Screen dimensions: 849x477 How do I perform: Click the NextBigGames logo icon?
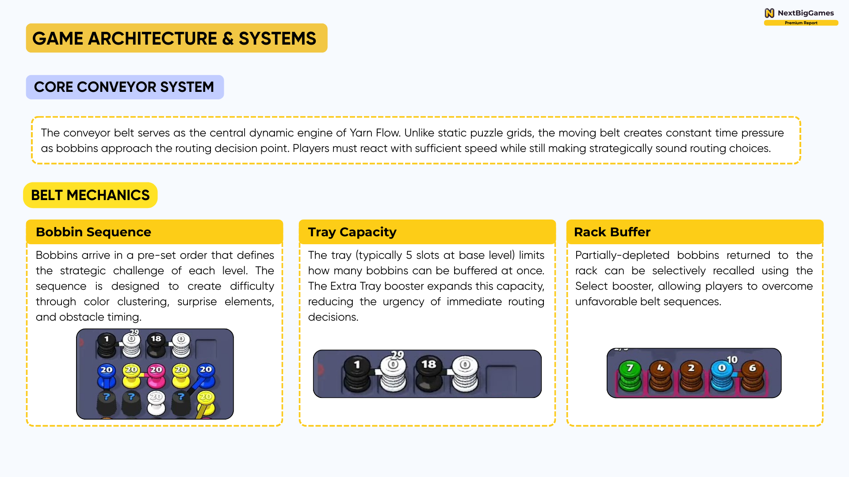click(x=769, y=13)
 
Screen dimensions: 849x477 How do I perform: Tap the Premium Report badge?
click(x=801, y=23)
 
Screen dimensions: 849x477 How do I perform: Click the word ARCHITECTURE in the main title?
click(x=153, y=38)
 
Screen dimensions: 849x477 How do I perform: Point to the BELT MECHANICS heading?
click(x=90, y=195)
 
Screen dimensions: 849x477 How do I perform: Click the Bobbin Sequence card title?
click(x=93, y=232)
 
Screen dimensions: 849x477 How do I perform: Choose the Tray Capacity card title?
click(x=352, y=232)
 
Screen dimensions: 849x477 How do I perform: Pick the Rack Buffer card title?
click(x=612, y=232)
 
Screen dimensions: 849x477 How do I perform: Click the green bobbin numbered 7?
click(x=630, y=376)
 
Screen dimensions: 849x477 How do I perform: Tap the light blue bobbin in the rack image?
click(x=722, y=376)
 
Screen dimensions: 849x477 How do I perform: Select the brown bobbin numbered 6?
click(x=752, y=376)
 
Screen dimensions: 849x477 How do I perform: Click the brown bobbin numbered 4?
click(x=660, y=376)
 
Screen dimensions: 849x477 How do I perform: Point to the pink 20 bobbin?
click(x=156, y=376)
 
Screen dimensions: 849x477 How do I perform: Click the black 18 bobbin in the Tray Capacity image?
click(x=428, y=374)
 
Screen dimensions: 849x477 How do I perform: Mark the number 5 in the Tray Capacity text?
click(x=409, y=255)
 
